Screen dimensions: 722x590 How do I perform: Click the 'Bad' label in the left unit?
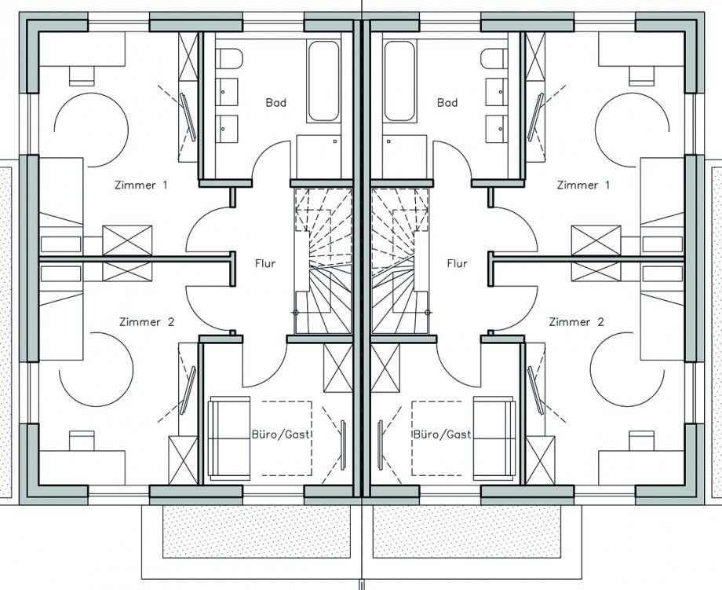tap(275, 102)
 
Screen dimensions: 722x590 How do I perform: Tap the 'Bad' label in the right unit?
tap(447, 102)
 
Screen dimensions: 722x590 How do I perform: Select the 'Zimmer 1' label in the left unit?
tap(141, 185)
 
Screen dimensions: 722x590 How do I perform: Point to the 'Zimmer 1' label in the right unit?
tap(583, 185)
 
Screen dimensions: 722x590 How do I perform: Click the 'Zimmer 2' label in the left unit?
tap(147, 322)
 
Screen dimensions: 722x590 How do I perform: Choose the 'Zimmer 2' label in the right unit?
tap(576, 322)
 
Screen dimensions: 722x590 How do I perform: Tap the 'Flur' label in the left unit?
tap(265, 263)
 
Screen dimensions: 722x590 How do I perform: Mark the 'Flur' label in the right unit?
tap(458, 263)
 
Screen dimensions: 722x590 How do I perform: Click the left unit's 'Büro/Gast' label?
tap(280, 434)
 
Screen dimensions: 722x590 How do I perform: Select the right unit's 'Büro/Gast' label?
tap(442, 434)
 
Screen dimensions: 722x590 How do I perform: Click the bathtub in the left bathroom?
tap(323, 81)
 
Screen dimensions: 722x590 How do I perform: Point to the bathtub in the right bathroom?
tap(399, 81)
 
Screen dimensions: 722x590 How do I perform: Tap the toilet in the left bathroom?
tap(229, 59)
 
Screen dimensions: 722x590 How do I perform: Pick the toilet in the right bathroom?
tap(494, 59)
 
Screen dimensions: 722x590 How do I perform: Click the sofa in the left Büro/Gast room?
tap(229, 435)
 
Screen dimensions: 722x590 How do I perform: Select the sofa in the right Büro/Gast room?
tap(494, 435)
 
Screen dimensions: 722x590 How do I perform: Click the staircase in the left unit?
tap(323, 260)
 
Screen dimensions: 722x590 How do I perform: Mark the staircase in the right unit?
tap(400, 260)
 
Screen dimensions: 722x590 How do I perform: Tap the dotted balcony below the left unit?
tap(256, 531)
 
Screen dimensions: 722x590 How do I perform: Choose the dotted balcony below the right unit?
tap(466, 531)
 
